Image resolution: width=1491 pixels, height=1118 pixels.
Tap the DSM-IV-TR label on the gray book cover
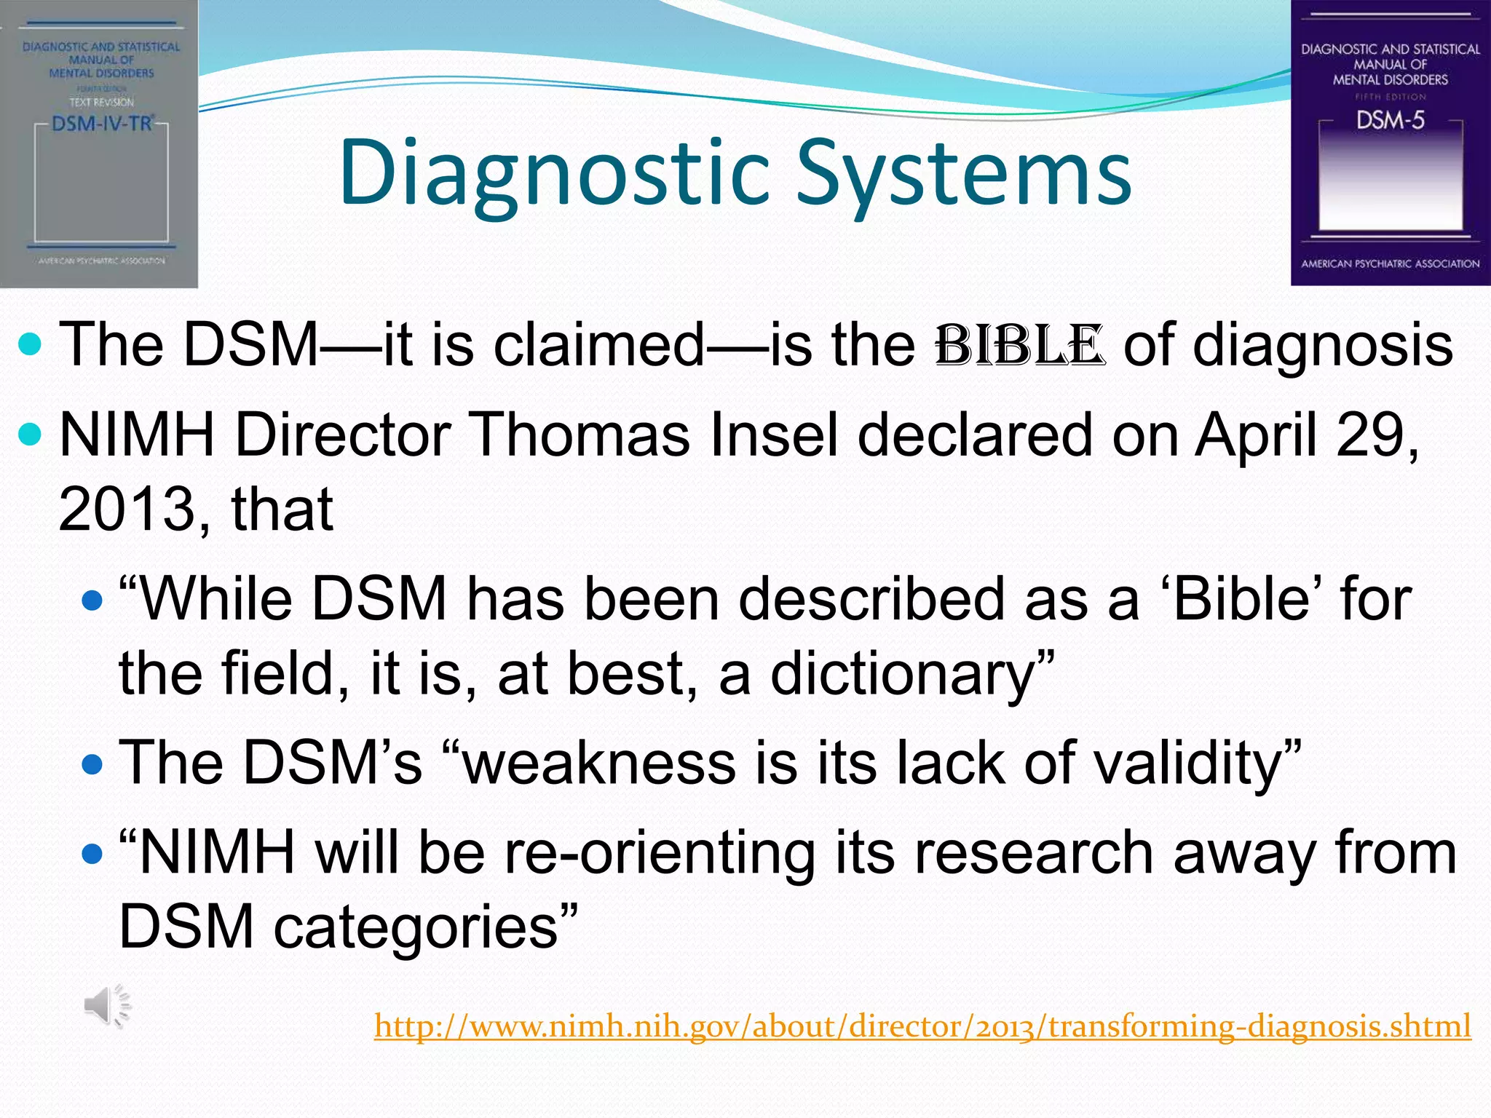102,123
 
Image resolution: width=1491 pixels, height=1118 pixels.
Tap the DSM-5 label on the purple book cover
1390,120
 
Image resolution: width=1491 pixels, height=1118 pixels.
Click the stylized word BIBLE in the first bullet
1020,346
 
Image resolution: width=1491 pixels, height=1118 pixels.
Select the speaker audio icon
107,1006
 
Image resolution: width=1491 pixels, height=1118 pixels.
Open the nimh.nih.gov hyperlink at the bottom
922,1026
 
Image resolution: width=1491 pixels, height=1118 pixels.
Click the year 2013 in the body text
125,510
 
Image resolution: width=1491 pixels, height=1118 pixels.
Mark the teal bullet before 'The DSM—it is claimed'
30,344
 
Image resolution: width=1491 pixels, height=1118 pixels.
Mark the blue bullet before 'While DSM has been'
92,600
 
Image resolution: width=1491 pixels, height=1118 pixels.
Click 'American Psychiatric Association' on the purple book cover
1390,263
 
